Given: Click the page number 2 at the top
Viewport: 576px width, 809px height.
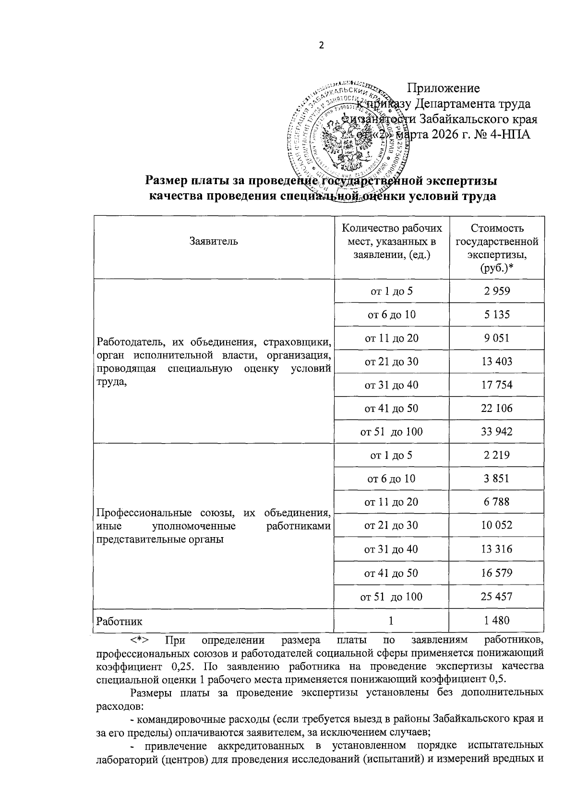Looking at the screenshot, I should (322, 46).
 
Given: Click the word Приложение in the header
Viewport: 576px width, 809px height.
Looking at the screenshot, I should (443, 88).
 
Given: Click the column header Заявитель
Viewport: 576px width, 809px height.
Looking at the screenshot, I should (214, 241).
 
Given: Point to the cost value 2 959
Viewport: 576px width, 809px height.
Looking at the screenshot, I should (497, 291).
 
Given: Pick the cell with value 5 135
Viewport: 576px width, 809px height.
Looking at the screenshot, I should (497, 315).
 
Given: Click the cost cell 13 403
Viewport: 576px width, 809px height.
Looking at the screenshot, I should (497, 361).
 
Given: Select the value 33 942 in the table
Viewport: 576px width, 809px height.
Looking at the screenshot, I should (497, 432).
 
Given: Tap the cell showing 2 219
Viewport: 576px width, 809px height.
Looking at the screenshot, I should (497, 455).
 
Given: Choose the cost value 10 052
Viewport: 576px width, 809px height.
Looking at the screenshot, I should (497, 525).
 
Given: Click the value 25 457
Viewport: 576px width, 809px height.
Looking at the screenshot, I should (497, 597).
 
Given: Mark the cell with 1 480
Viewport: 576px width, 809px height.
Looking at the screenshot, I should (497, 621).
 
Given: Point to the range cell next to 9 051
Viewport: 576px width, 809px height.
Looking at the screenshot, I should (391, 338).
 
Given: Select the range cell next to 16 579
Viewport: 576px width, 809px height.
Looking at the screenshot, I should (391, 573).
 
